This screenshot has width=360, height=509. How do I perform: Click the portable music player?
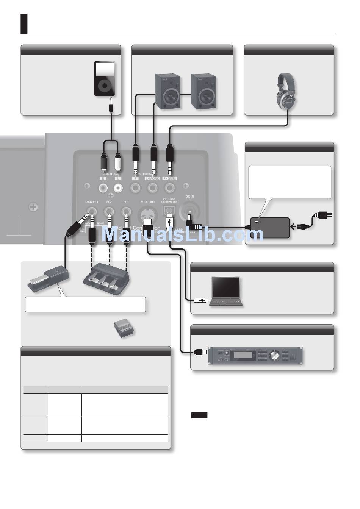104,78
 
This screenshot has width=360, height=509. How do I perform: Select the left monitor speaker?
168,91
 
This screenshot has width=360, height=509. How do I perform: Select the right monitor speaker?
203,91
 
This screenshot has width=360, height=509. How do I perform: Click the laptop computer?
226,291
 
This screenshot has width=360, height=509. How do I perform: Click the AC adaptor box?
269,227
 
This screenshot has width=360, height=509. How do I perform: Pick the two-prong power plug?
325,216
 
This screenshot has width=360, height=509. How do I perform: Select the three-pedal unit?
107,279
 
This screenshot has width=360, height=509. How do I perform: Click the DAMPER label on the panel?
92,202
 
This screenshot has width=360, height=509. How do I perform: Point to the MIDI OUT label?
147,202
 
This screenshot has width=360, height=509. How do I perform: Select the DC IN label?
189,197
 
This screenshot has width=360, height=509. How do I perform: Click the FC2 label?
109,202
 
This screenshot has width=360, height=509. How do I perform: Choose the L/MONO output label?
152,178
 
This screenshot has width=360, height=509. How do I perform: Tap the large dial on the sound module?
273,355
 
